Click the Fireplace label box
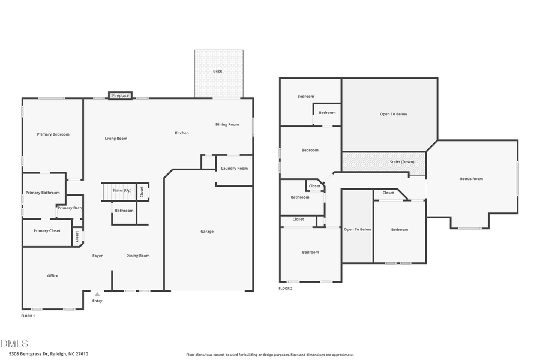[120, 95]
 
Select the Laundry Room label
[234, 168]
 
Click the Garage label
[207, 232]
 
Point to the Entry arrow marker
[97, 295]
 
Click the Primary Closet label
[47, 230]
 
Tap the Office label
[53, 276]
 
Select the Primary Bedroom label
[53, 134]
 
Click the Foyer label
[97, 256]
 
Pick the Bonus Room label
[471, 179]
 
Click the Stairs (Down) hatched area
[383, 162]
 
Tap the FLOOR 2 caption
[285, 289]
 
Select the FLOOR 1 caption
[28, 316]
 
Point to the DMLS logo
[14, 344]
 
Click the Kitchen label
[182, 133]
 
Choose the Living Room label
[116, 139]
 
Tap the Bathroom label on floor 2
[300, 197]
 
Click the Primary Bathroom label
[43, 193]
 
